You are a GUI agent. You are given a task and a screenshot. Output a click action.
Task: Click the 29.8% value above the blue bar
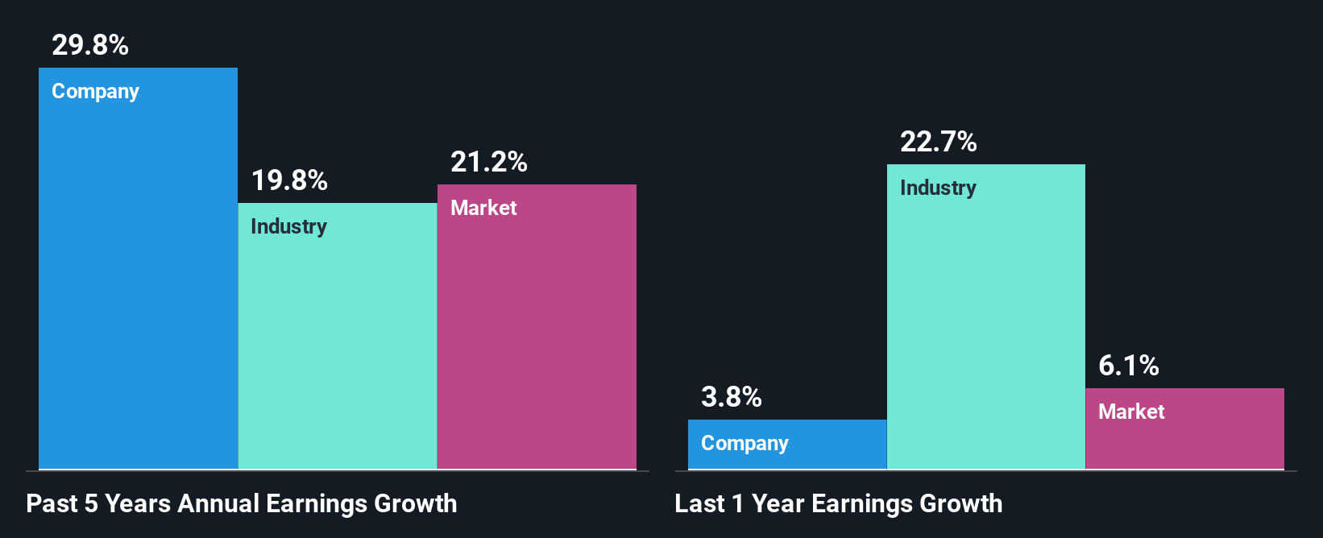coord(89,45)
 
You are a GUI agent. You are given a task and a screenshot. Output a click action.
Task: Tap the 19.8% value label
coord(289,180)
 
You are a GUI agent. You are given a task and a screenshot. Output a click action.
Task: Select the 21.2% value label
coord(488,162)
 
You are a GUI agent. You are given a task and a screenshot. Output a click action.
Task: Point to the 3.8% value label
coord(731,397)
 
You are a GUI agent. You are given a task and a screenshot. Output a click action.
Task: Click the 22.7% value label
coord(938,143)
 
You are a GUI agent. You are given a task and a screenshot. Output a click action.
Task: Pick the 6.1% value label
coord(1128,366)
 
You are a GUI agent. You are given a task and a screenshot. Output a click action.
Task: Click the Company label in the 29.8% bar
coord(95,92)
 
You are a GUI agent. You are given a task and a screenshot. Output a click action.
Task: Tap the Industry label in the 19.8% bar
coord(288,226)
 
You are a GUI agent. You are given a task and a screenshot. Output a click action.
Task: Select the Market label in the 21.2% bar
coord(483,208)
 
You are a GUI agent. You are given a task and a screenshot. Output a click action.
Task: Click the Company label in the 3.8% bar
coord(744,444)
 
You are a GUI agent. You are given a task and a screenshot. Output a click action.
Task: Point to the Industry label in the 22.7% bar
coord(938,188)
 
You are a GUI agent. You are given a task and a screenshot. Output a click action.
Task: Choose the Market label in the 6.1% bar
coord(1131,412)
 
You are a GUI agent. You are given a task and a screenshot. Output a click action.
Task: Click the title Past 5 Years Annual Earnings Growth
coord(241,504)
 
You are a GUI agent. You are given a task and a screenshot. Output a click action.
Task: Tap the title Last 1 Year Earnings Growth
coord(838,504)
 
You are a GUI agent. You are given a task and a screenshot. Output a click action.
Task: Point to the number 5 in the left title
coord(91,504)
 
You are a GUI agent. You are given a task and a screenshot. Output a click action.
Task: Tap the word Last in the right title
coord(699,504)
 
